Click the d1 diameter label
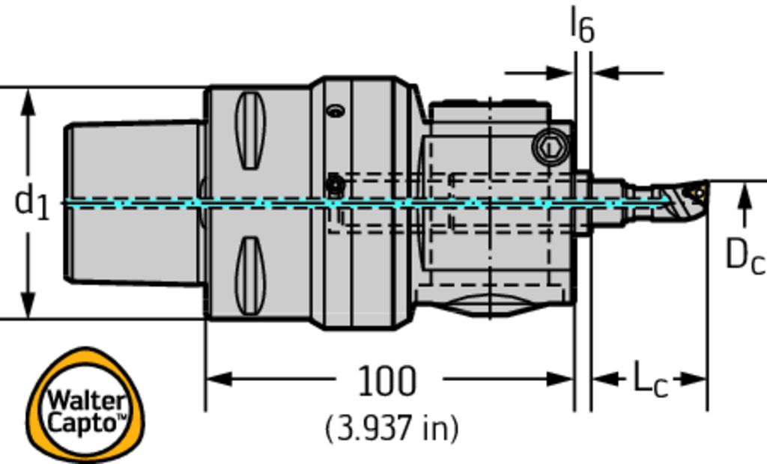[32, 203]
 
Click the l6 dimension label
[583, 25]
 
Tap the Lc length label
[650, 379]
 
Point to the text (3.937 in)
[392, 429]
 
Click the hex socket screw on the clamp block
[551, 147]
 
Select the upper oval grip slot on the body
[250, 130]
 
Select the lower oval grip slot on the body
[250, 275]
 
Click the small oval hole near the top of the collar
[336, 111]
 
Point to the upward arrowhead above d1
[28, 103]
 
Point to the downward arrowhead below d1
[28, 304]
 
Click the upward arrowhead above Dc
[745, 195]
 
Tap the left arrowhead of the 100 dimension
[219, 379]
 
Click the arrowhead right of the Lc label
[694, 379]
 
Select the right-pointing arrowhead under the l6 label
[560, 73]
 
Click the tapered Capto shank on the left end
[133, 203]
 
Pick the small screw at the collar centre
[335, 186]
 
